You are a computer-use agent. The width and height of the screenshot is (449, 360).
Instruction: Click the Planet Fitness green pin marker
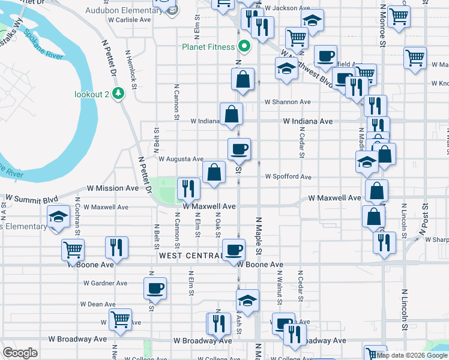(244, 46)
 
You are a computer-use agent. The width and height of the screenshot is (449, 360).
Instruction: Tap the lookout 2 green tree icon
(119, 94)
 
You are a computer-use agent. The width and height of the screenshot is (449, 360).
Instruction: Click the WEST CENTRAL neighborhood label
(190, 256)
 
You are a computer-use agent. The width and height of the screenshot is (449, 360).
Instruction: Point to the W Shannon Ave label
(288, 102)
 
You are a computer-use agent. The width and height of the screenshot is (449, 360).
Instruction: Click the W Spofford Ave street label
(289, 177)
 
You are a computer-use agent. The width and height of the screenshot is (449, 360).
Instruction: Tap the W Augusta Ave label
(181, 159)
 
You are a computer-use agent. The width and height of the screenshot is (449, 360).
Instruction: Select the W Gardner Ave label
(106, 283)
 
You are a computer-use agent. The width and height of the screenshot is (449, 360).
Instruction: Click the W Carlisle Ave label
(128, 19)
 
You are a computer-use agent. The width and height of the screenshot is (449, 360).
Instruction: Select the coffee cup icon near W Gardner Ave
(155, 287)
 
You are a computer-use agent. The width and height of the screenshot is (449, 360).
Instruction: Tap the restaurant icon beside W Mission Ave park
(188, 187)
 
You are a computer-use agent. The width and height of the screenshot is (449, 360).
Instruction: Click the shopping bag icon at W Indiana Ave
(231, 114)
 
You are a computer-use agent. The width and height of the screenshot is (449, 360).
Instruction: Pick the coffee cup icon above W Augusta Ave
(238, 149)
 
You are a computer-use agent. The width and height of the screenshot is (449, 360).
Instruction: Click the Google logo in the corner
(20, 353)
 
